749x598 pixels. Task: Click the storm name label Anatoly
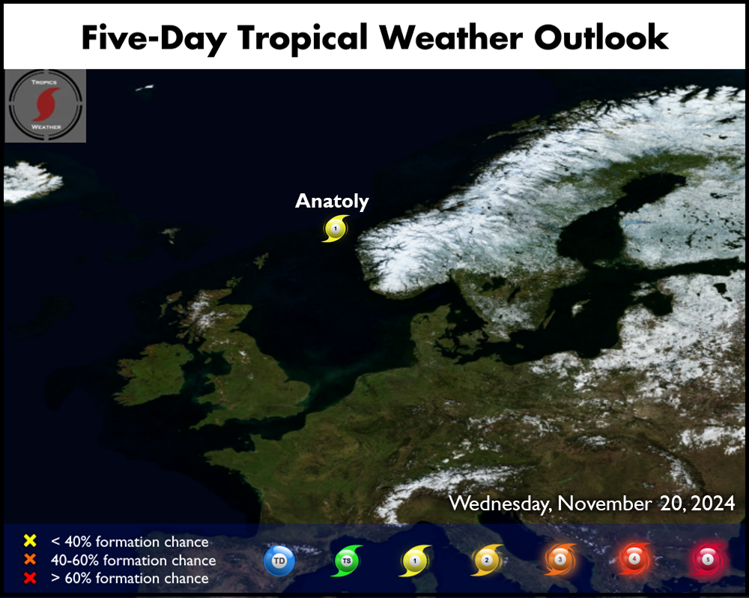[332, 202]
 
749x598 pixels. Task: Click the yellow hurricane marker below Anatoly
[336, 229]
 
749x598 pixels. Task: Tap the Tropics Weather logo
[46, 106]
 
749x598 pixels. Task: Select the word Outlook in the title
[601, 37]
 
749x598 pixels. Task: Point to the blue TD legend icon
[279, 561]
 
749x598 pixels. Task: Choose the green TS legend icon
[347, 561]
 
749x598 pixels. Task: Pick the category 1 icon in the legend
[415, 561]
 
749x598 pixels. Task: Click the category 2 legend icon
[487, 560]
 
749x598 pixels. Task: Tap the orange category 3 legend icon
[560, 559]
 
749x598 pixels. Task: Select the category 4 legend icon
[634, 558]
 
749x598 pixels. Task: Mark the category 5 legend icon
[708, 559]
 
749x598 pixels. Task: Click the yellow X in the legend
[30, 540]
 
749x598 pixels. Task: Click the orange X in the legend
[30, 559]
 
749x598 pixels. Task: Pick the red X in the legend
[30, 578]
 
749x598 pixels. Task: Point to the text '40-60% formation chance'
[133, 560]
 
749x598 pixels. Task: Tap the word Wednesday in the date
[500, 504]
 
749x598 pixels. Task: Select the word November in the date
[604, 504]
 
